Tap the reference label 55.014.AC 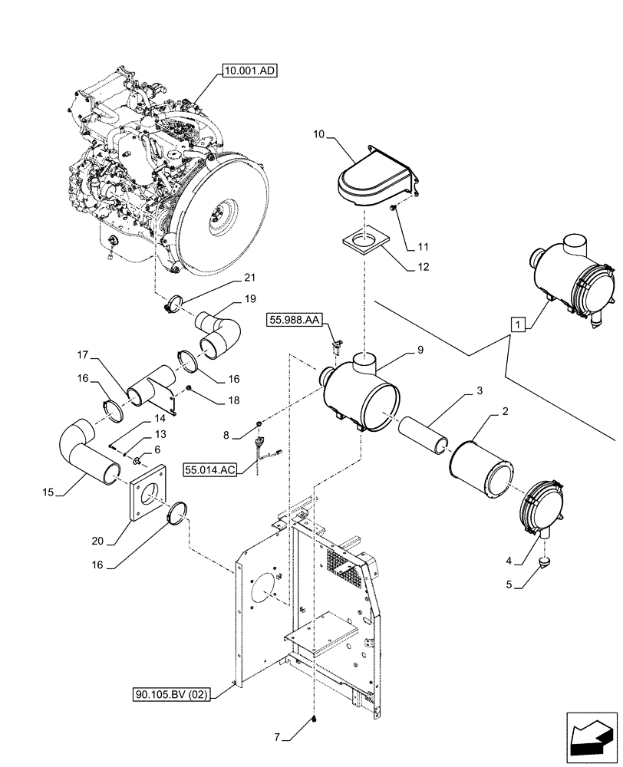point(209,467)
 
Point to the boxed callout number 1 point(519,324)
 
